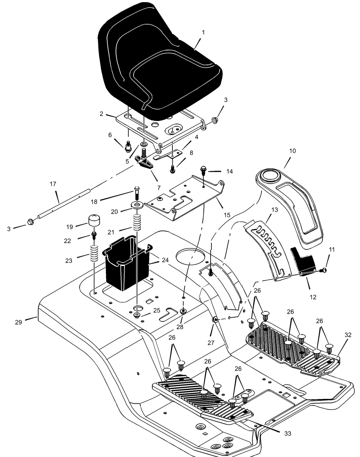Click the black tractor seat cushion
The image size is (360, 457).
point(159,64)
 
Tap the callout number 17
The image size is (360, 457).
point(53,184)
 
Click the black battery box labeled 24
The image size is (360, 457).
point(127,263)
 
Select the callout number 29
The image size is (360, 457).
point(18,322)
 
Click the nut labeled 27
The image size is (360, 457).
point(215,319)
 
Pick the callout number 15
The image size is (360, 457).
point(227,215)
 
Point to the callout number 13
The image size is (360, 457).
point(274,210)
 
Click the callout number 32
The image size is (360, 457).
point(348,335)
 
